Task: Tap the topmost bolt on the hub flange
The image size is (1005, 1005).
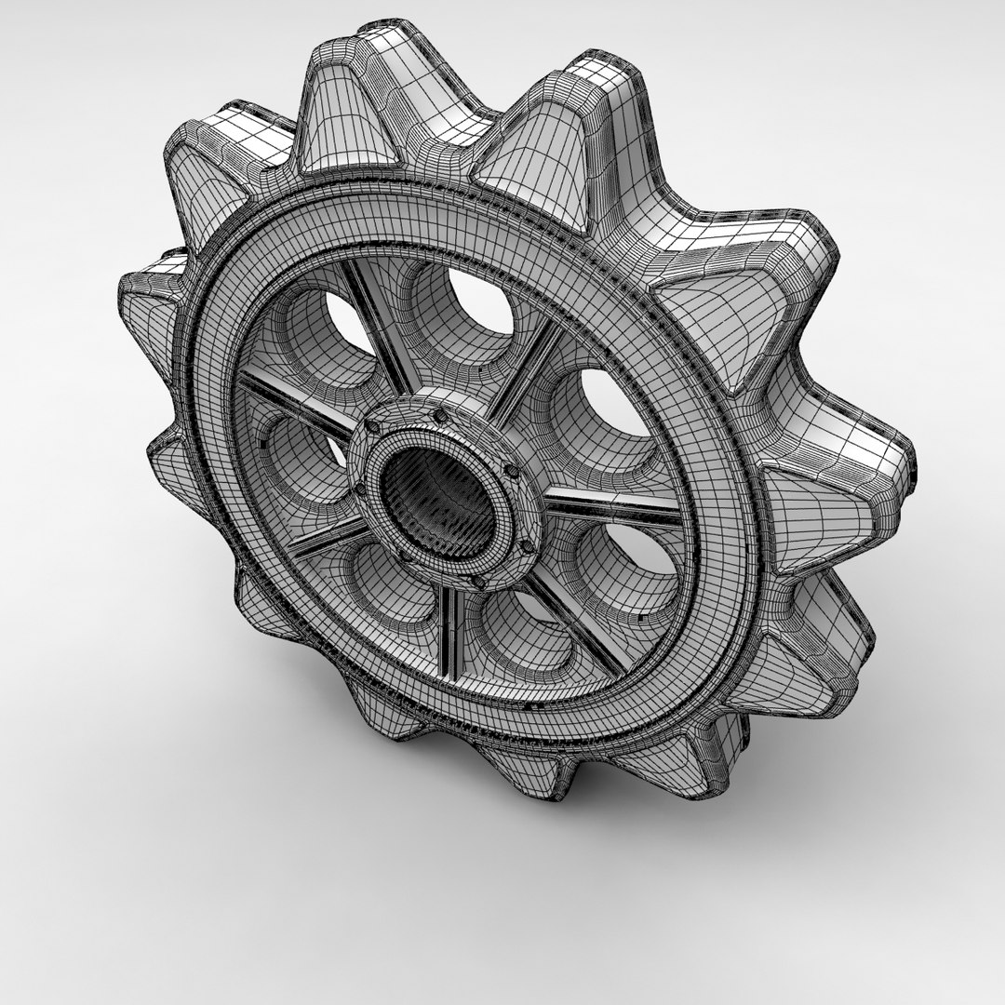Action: coord(435,401)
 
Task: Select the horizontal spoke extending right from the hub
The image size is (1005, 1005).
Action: coord(610,507)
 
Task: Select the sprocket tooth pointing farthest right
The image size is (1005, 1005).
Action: coord(865,475)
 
